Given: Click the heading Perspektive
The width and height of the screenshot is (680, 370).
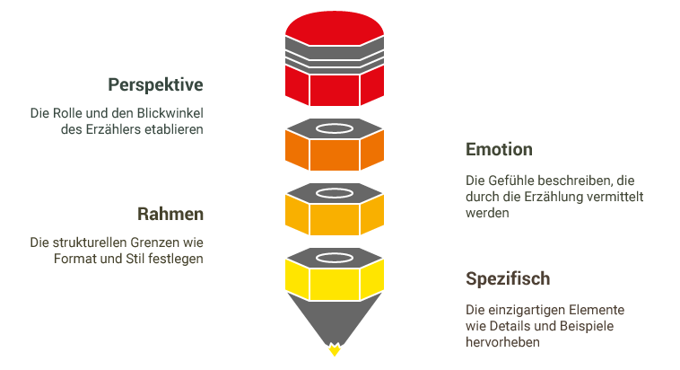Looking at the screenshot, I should (x=155, y=85).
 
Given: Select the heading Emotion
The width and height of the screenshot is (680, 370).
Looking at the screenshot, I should (x=499, y=149).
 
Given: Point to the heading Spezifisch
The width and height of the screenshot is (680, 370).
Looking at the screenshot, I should (x=508, y=278).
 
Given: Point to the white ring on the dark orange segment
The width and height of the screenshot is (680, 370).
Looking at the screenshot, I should (x=336, y=128).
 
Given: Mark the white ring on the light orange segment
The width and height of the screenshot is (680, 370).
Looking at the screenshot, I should (x=336, y=193).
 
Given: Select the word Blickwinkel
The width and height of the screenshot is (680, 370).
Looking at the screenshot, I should (x=170, y=114).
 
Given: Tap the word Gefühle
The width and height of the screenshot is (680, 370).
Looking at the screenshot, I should (x=516, y=180).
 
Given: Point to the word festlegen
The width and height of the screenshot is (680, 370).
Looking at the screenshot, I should (x=179, y=260).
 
